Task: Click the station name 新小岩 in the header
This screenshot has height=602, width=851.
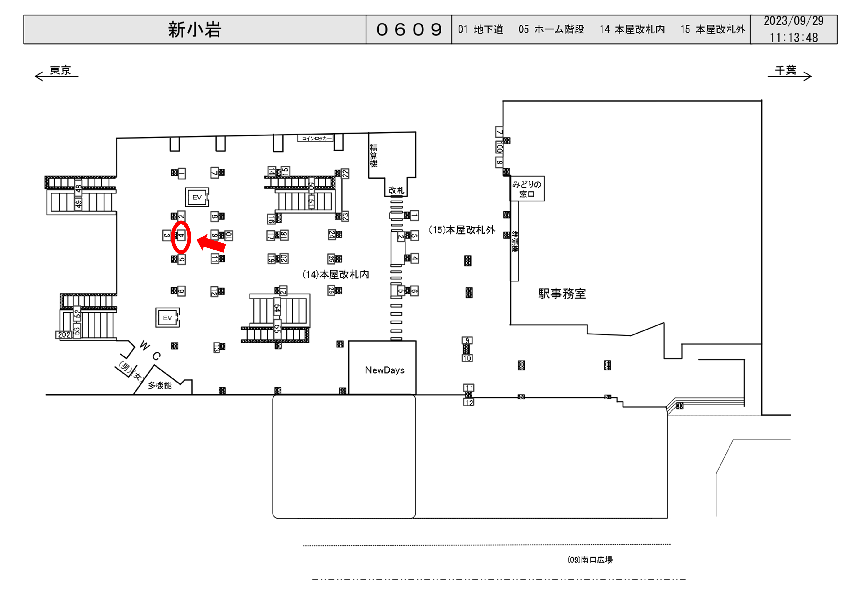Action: click(195, 30)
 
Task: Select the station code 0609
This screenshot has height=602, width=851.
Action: click(409, 30)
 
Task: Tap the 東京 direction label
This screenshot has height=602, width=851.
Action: click(60, 70)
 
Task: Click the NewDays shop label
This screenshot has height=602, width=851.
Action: click(384, 370)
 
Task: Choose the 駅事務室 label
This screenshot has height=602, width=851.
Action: click(562, 294)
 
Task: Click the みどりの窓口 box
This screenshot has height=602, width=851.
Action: click(527, 189)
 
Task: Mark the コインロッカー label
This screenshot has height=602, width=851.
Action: click(315, 138)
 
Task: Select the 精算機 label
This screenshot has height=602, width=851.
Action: click(374, 156)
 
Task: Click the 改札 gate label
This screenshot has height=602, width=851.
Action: click(396, 190)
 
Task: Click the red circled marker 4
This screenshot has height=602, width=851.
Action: click(181, 237)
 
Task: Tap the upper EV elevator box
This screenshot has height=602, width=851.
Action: click(197, 197)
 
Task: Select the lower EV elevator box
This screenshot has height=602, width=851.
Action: click(167, 318)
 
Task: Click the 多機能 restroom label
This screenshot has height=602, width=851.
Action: click(160, 386)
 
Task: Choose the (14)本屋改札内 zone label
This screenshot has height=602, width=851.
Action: click(335, 275)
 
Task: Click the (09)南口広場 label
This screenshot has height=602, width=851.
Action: click(590, 560)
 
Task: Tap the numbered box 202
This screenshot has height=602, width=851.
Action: click(64, 335)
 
